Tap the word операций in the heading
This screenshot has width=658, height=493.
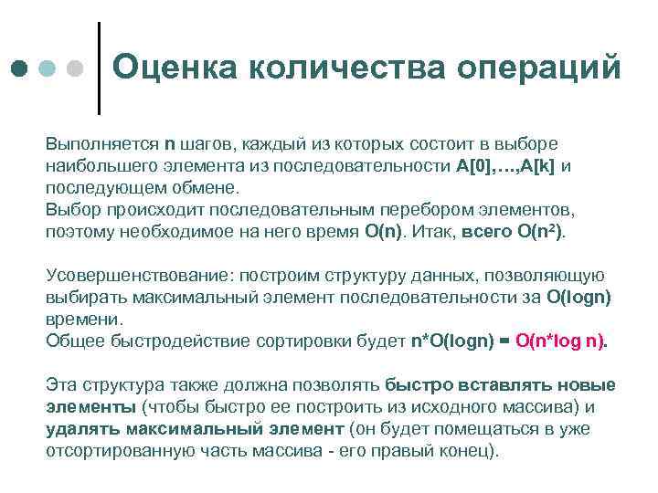pos(540,68)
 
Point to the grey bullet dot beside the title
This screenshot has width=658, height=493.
pos(76,69)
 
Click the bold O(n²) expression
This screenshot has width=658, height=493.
pos(540,232)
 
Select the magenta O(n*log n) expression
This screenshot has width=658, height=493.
pos(560,341)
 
